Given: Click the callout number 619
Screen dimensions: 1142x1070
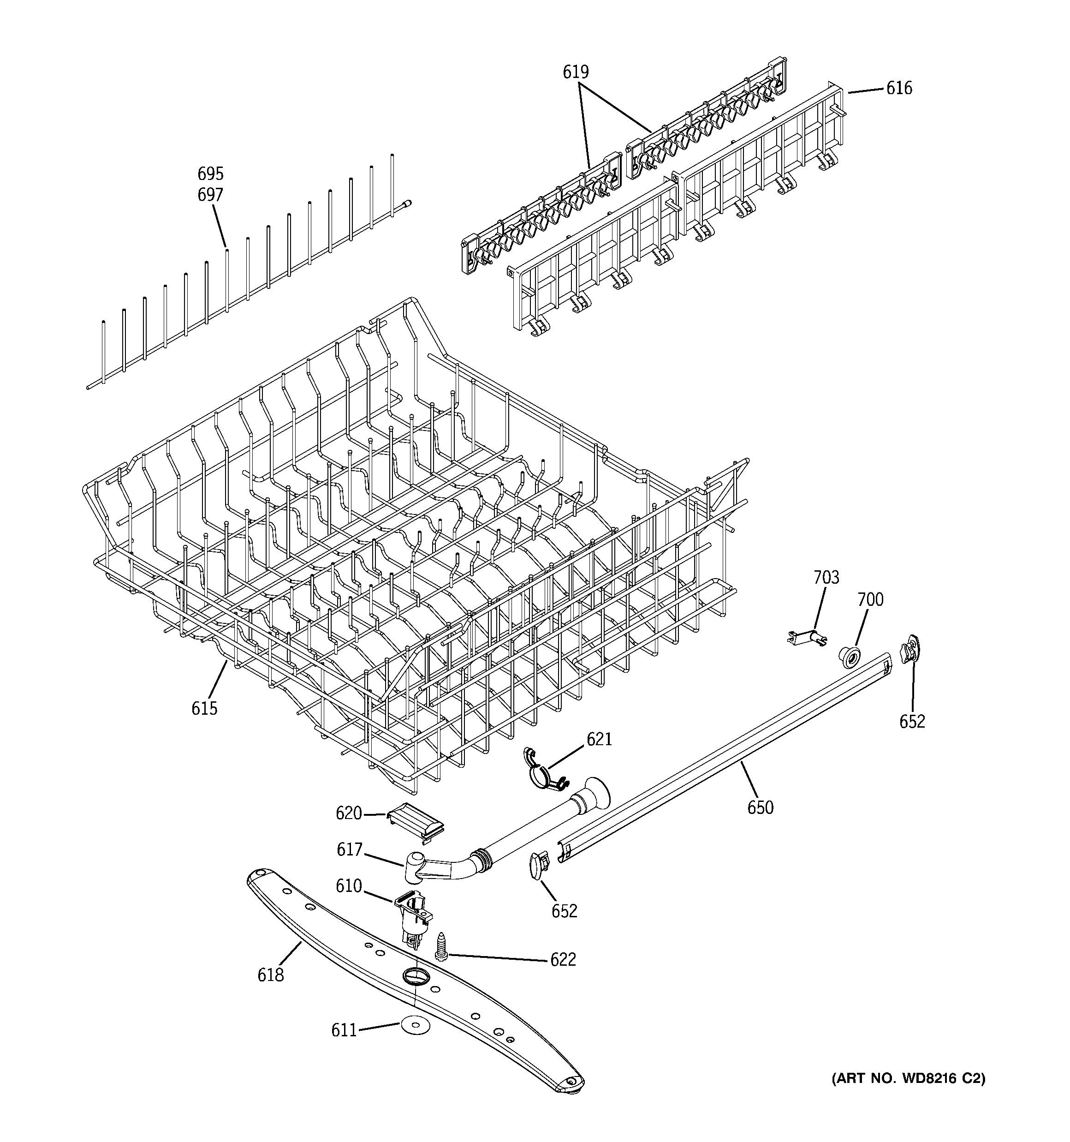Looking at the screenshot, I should coord(576,72).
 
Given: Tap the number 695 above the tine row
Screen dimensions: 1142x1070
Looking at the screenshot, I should coord(210,173).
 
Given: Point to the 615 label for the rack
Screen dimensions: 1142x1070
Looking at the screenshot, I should coord(204,708).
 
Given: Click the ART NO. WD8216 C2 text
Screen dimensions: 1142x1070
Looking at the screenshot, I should coord(908,1078).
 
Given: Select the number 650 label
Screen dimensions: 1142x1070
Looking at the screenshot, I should coord(760,807).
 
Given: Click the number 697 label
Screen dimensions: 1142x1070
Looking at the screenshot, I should coord(210,195).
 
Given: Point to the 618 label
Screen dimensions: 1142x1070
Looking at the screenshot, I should coord(271,975).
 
